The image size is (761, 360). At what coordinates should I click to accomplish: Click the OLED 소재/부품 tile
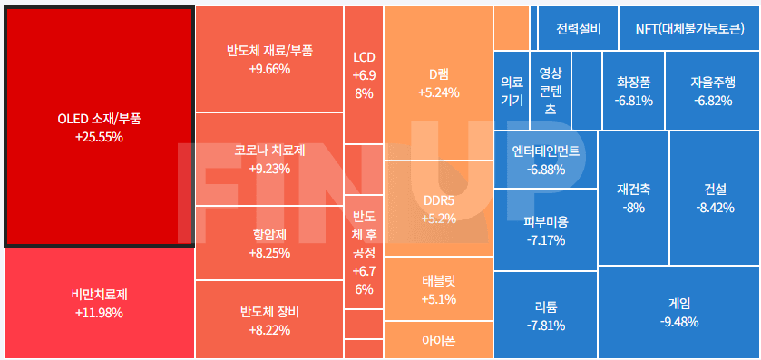tap(99, 127)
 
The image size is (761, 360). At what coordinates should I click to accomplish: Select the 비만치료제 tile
tap(99, 303)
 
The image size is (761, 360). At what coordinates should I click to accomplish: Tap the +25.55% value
tap(99, 138)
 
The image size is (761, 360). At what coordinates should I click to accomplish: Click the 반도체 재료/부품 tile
tap(269, 59)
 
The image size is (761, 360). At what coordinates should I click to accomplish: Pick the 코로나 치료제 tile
tap(269, 159)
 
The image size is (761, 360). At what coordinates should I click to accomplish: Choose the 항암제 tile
tap(269, 243)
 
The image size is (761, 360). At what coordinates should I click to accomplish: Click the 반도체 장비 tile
tap(269, 320)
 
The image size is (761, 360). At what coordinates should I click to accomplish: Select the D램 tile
tap(438, 83)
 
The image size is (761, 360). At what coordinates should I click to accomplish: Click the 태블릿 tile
tap(438, 288)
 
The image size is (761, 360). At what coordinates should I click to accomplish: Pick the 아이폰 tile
tap(438, 340)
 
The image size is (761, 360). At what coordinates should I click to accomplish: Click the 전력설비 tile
tap(578, 28)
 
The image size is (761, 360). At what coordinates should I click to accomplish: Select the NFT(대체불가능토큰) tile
tap(689, 28)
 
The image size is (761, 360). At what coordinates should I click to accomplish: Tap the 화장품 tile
tap(632, 90)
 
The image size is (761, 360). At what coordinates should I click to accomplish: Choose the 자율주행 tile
tap(712, 90)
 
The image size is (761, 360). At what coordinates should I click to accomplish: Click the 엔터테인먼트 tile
tap(545, 160)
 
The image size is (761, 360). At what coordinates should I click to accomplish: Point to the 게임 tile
tap(678, 312)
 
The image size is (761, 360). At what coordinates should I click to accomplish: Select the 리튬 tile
tap(545, 316)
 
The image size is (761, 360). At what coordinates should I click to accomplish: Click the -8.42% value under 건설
tap(715, 208)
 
